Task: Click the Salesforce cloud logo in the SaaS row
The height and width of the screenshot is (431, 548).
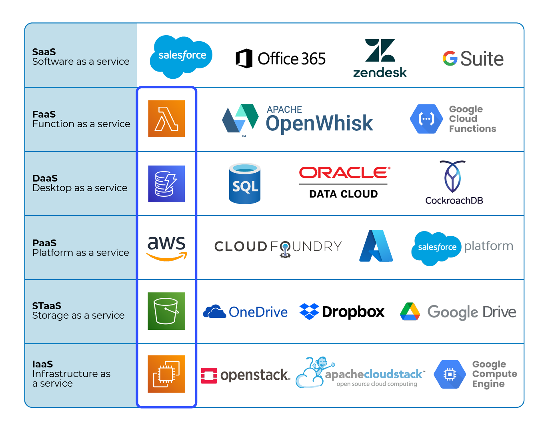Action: tap(181, 56)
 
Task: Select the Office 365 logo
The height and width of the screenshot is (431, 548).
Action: tap(280, 59)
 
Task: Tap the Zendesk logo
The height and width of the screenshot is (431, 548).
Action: tap(380, 58)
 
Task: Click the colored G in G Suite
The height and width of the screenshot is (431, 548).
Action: tap(450, 58)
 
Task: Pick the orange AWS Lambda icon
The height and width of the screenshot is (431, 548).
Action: tap(166, 119)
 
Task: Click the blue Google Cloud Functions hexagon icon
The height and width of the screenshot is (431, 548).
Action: tap(426, 119)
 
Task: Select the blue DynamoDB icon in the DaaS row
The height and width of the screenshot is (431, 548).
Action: tap(166, 184)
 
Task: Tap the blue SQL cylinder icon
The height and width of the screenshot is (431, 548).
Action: tap(245, 184)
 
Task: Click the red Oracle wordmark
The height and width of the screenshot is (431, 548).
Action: tap(344, 172)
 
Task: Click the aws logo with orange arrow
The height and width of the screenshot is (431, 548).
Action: tap(167, 247)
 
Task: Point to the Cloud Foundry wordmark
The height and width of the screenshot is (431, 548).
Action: tap(278, 247)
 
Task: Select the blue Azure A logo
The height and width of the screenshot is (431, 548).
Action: tap(376, 246)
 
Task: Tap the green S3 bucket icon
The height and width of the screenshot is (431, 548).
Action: tap(166, 311)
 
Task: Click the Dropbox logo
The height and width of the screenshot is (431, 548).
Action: tap(342, 311)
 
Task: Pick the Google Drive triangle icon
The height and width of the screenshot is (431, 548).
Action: tap(410, 311)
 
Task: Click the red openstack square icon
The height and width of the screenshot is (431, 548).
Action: tap(209, 375)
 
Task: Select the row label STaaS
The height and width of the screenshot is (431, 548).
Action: tap(47, 306)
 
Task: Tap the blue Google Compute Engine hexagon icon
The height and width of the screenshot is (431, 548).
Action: tap(450, 374)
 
